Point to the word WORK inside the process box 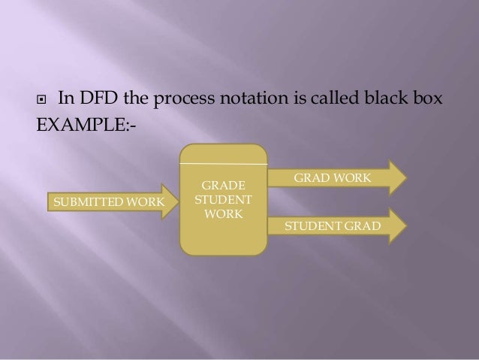[223, 215]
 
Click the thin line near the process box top [223, 162]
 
